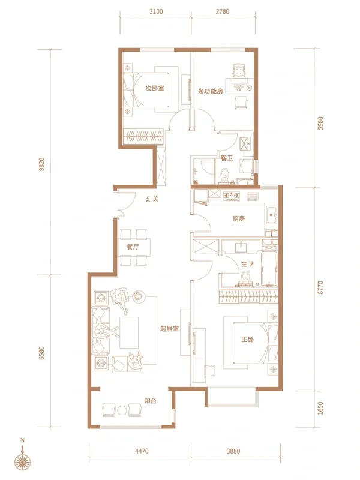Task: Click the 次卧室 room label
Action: [x=155, y=88]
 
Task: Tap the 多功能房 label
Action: [x=211, y=91]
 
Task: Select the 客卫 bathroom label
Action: [x=227, y=158]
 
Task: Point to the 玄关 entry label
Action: [x=152, y=199]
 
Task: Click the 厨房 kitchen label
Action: [x=238, y=219]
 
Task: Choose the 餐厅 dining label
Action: [x=133, y=247]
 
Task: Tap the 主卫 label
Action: [x=247, y=264]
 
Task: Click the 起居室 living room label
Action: [x=169, y=329]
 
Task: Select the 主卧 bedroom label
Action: [x=248, y=340]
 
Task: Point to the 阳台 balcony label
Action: [x=151, y=401]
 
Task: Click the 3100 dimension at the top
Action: [x=156, y=11]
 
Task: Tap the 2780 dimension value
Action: [x=223, y=11]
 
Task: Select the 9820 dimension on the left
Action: [x=41, y=164]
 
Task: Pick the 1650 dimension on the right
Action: [x=320, y=409]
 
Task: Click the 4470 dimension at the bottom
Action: [x=142, y=451]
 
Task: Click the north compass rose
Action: [x=23, y=459]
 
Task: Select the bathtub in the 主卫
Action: [x=269, y=268]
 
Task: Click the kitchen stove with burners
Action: [x=232, y=196]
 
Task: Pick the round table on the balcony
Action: [x=122, y=410]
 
